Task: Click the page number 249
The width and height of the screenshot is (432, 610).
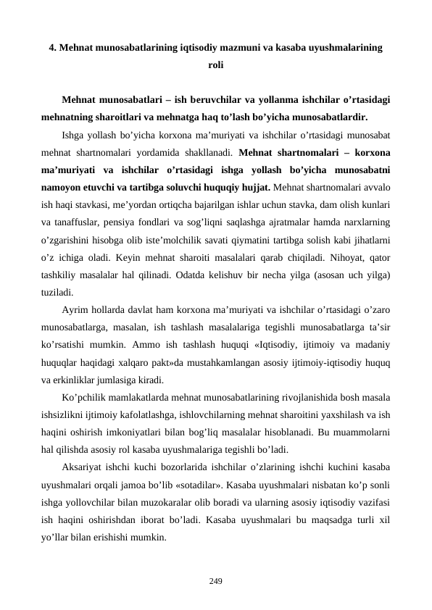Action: (215, 580)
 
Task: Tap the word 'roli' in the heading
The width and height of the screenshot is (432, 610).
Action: (215, 65)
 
